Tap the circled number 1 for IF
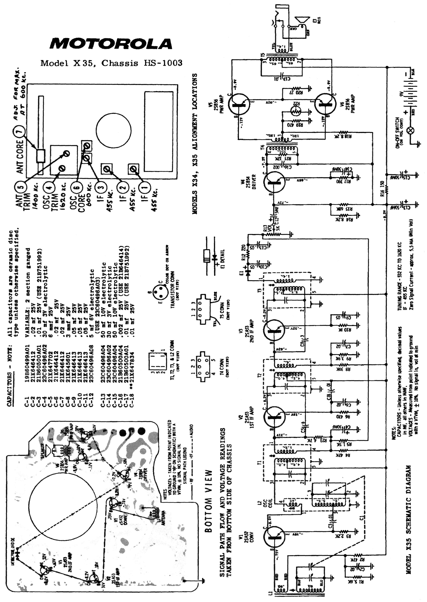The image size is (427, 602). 145,188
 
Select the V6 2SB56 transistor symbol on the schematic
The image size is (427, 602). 326,104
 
